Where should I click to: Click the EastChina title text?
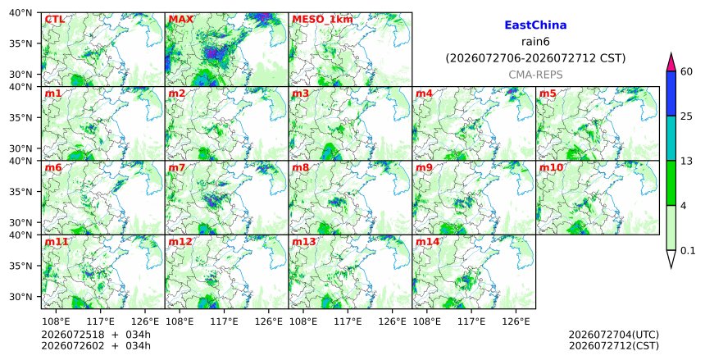pyautogui.click(x=535, y=25)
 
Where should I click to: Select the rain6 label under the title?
pyautogui.click(x=535, y=41)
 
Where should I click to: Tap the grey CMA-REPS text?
pyautogui.click(x=535, y=75)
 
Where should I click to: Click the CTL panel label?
pyautogui.click(x=54, y=20)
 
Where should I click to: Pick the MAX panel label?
pyautogui.click(x=180, y=20)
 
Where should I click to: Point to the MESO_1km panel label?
pyautogui.click(x=322, y=20)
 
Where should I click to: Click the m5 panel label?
pyautogui.click(x=548, y=93)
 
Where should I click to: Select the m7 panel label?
pyautogui.click(x=177, y=168)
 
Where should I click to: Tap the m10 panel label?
pyautogui.click(x=551, y=168)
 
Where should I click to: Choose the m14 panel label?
pyautogui.click(x=427, y=242)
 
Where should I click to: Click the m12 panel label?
pyautogui.click(x=180, y=242)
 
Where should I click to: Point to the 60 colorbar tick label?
pyautogui.click(x=686, y=71)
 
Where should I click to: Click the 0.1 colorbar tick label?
pyautogui.click(x=688, y=251)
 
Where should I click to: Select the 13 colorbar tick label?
pyautogui.click(x=686, y=161)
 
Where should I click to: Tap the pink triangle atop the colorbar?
pyautogui.click(x=671, y=62)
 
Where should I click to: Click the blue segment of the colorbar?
pyautogui.click(x=671, y=93)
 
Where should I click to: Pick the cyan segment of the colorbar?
pyautogui.click(x=671, y=138)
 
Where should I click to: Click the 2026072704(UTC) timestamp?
pyautogui.click(x=614, y=335)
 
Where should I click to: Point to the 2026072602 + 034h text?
pyautogui.click(x=96, y=345)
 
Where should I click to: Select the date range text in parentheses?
pyautogui.click(x=535, y=58)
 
